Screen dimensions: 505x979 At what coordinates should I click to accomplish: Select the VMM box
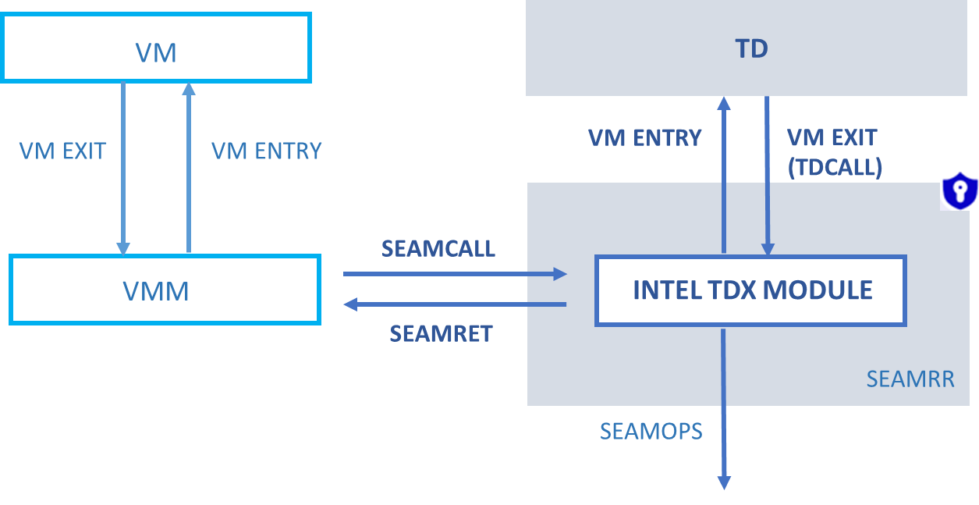point(165,290)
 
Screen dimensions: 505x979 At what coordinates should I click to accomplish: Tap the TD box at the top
point(747,48)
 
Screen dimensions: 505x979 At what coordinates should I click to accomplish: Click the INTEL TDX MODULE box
point(750,290)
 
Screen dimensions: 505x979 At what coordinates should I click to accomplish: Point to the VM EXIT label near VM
point(62,151)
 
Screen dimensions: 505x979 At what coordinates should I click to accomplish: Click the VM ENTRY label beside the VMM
point(267,151)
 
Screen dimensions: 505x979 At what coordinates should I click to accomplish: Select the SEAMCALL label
point(438,248)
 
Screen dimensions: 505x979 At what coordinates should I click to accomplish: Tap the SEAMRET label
point(441,334)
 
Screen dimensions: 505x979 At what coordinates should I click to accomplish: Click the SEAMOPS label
point(651,431)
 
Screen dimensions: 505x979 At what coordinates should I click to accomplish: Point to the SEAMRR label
point(910,379)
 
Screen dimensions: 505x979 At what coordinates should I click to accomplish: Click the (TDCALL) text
point(835,167)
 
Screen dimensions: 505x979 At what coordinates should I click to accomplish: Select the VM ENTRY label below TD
point(644,138)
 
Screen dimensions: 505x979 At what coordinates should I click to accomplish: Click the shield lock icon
point(959,191)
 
